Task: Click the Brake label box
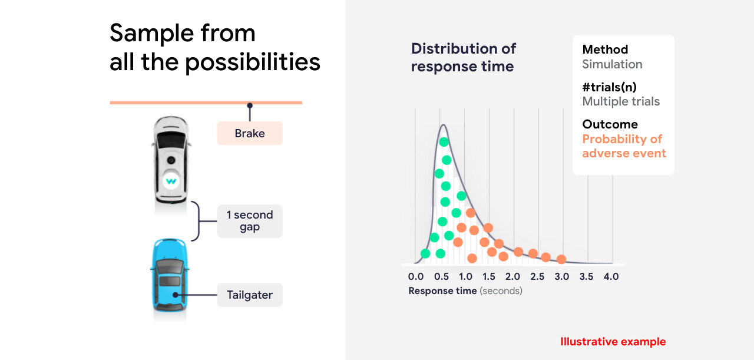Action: click(x=250, y=133)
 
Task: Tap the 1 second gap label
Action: click(x=250, y=222)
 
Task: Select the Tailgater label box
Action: click(x=250, y=295)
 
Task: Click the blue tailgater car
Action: click(x=169, y=275)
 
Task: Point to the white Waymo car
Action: click(x=171, y=160)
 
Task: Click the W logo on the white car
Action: click(x=171, y=181)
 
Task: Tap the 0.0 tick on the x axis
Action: click(x=416, y=276)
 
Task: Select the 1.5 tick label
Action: click(x=489, y=276)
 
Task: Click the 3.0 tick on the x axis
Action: click(x=562, y=276)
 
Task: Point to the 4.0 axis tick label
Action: click(x=611, y=276)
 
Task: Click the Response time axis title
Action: click(x=465, y=290)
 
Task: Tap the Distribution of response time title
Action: click(x=464, y=57)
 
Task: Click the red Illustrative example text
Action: click(x=613, y=342)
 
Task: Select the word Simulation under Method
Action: click(x=612, y=64)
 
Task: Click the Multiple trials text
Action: click(x=621, y=101)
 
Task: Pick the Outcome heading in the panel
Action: click(x=610, y=124)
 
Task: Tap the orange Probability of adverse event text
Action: click(x=624, y=146)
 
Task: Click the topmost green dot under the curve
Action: click(x=444, y=142)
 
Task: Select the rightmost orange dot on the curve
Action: click(x=561, y=259)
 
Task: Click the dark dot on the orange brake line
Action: click(x=250, y=105)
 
